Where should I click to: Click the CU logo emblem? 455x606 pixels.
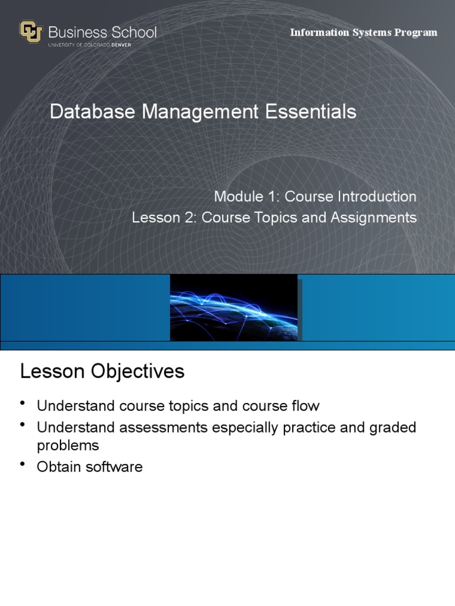click(31, 32)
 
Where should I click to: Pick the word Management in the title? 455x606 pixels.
click(203, 111)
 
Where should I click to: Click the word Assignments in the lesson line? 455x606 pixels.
click(374, 218)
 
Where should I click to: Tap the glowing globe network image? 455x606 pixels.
click(234, 308)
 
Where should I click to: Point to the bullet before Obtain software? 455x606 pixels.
click(23, 464)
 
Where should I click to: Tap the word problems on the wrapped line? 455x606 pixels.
click(68, 445)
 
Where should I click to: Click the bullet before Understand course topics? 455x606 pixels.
click(23, 404)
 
